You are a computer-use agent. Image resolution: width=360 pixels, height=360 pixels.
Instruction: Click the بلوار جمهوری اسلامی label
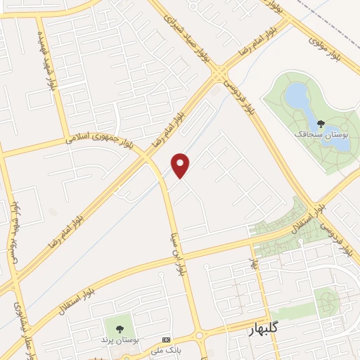pos(94,138)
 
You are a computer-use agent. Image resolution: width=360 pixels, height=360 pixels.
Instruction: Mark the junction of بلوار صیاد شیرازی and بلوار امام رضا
pos(221,72)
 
